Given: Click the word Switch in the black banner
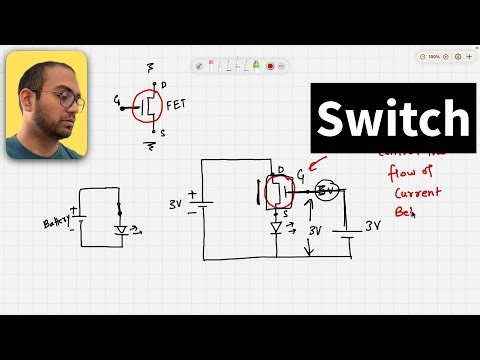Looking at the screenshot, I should tap(393, 120).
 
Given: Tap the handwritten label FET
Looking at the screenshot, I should tap(175, 102).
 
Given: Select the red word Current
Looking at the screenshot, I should tap(417, 191).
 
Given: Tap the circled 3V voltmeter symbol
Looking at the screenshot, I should tap(326, 190).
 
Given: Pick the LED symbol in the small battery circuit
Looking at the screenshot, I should tap(122, 230).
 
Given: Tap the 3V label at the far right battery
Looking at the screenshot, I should tap(373, 226).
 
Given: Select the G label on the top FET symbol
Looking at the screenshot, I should tap(118, 100).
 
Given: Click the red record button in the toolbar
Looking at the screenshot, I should tap(270, 65).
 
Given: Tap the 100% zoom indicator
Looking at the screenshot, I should tap(434, 57).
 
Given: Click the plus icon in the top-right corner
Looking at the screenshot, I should tap(468, 57).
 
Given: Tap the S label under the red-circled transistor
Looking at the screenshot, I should tap(286, 213).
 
